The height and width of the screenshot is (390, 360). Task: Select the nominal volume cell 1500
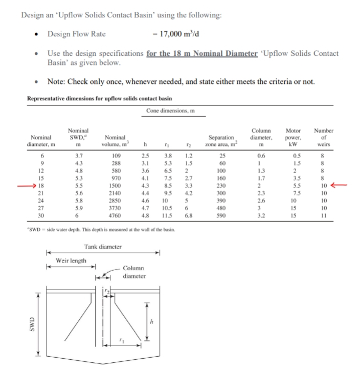(x=116, y=187)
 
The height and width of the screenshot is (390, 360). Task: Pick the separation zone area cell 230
(x=221, y=187)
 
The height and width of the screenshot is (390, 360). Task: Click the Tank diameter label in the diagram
(x=103, y=248)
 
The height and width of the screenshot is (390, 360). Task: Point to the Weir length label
(x=71, y=260)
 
